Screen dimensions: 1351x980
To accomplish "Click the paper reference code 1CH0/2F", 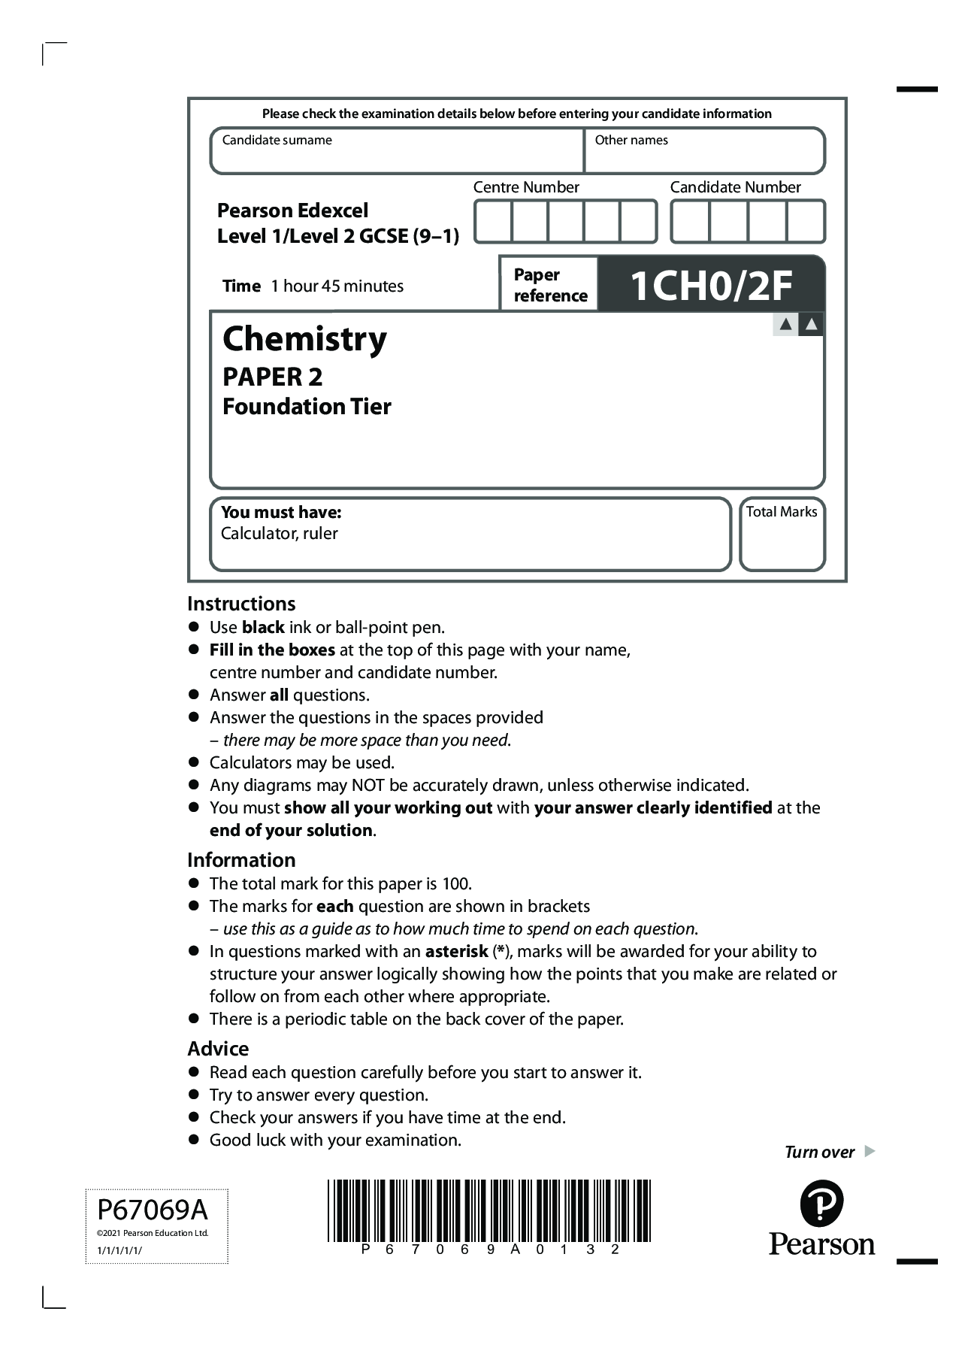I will pos(710,286).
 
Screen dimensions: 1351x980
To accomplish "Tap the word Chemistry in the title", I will pos(304,339).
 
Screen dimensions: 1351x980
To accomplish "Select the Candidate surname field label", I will pos(277,140).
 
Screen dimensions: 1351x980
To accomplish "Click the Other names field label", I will pos(631,140).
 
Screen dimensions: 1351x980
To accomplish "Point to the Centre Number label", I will pos(526,187).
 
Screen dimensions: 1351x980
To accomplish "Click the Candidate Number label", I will pos(735,187).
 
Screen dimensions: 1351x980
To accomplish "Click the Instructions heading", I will pos(241,604).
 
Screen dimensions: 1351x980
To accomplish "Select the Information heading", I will pos(241,860).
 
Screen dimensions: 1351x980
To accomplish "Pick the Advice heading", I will pos(218,1049).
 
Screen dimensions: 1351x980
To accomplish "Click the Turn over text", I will pos(819,1152).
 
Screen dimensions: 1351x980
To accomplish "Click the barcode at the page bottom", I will pos(489,1210).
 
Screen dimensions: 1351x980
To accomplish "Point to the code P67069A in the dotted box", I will pos(153,1210).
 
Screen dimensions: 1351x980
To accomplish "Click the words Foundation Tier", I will pos(307,407).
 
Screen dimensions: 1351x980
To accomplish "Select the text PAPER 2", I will pos(272,376).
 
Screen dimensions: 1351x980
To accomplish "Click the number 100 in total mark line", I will pos(456,883).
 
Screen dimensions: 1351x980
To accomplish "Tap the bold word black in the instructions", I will pos(263,627).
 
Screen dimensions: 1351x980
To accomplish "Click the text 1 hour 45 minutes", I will pos(337,286).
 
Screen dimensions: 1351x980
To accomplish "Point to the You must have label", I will pos(281,512).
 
